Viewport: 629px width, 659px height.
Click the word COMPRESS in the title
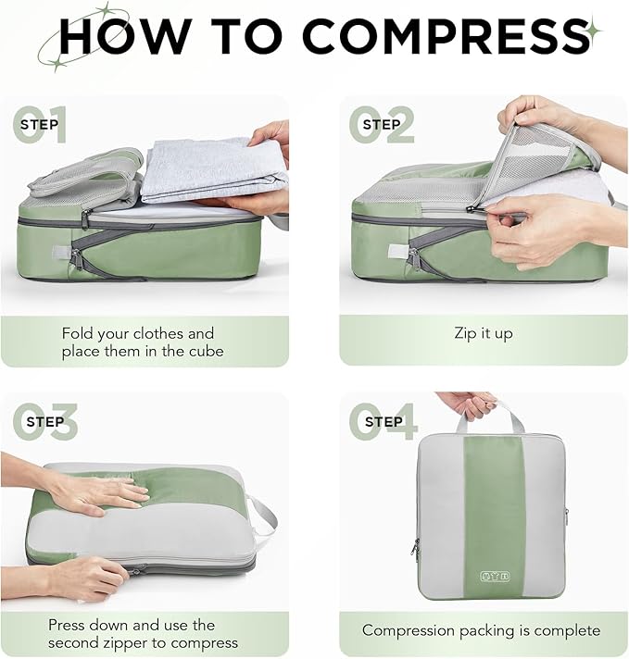click(446, 37)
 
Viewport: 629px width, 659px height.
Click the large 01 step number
click(39, 126)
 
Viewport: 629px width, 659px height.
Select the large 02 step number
click(380, 126)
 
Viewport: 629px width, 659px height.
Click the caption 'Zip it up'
click(483, 333)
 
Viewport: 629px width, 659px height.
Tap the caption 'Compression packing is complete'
click(481, 630)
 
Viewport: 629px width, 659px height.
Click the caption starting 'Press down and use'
click(143, 634)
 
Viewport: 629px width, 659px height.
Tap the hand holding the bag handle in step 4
click(468, 404)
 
